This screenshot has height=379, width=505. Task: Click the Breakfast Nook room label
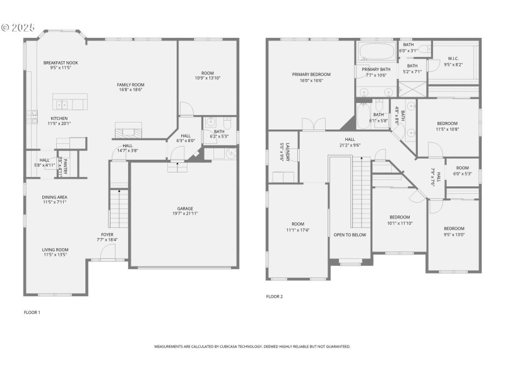point(61,63)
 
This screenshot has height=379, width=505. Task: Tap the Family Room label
point(130,85)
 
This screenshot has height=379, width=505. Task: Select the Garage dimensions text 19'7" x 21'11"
point(185,214)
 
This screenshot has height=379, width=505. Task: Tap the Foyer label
point(107,234)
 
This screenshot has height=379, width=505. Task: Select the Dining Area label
point(55,197)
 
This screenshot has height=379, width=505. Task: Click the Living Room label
point(55,250)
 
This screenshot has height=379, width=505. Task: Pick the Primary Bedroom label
point(311,75)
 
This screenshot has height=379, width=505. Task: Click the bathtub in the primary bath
point(377,52)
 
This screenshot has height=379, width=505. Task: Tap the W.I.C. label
point(453,59)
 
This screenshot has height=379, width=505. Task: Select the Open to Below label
point(350,234)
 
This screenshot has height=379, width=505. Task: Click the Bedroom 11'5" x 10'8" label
point(447,123)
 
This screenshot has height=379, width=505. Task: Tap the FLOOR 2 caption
point(274,296)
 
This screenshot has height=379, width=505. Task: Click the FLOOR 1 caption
point(32,312)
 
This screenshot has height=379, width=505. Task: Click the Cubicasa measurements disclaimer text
point(252,347)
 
